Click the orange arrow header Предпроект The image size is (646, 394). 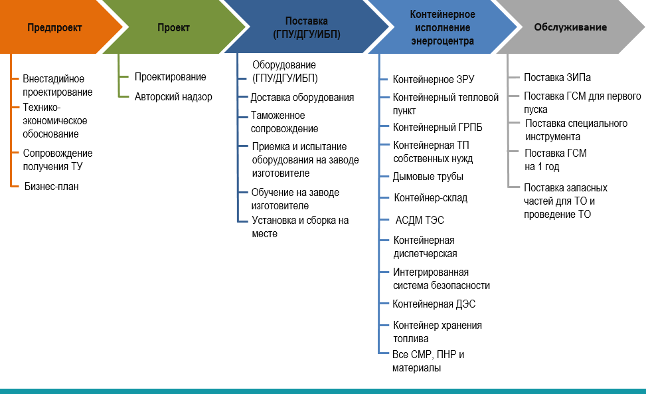[x=54, y=28]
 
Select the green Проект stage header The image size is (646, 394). [x=173, y=28]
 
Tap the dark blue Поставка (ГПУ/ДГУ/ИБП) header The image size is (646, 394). [x=307, y=28]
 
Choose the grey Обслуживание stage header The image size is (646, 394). [x=570, y=27]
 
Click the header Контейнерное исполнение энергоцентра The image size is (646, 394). [x=442, y=28]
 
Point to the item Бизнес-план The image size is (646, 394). [x=52, y=186]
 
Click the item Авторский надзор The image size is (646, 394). [x=173, y=97]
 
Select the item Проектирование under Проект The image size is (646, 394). [x=170, y=77]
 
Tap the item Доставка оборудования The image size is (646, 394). [x=302, y=98]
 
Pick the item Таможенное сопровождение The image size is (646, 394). [x=284, y=122]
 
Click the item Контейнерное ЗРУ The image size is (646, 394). [x=434, y=79]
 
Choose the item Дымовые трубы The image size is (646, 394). [x=428, y=177]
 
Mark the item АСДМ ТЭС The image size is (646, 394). [x=420, y=221]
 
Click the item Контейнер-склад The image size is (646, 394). [x=430, y=198]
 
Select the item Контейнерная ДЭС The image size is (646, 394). [x=434, y=304]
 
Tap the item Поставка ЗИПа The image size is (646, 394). [x=557, y=78]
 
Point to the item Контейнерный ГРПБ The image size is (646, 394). [x=437, y=128]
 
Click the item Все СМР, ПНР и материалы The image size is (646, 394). [x=428, y=361]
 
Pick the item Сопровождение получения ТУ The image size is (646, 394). [x=58, y=160]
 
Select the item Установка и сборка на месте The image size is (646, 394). [x=300, y=227]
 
